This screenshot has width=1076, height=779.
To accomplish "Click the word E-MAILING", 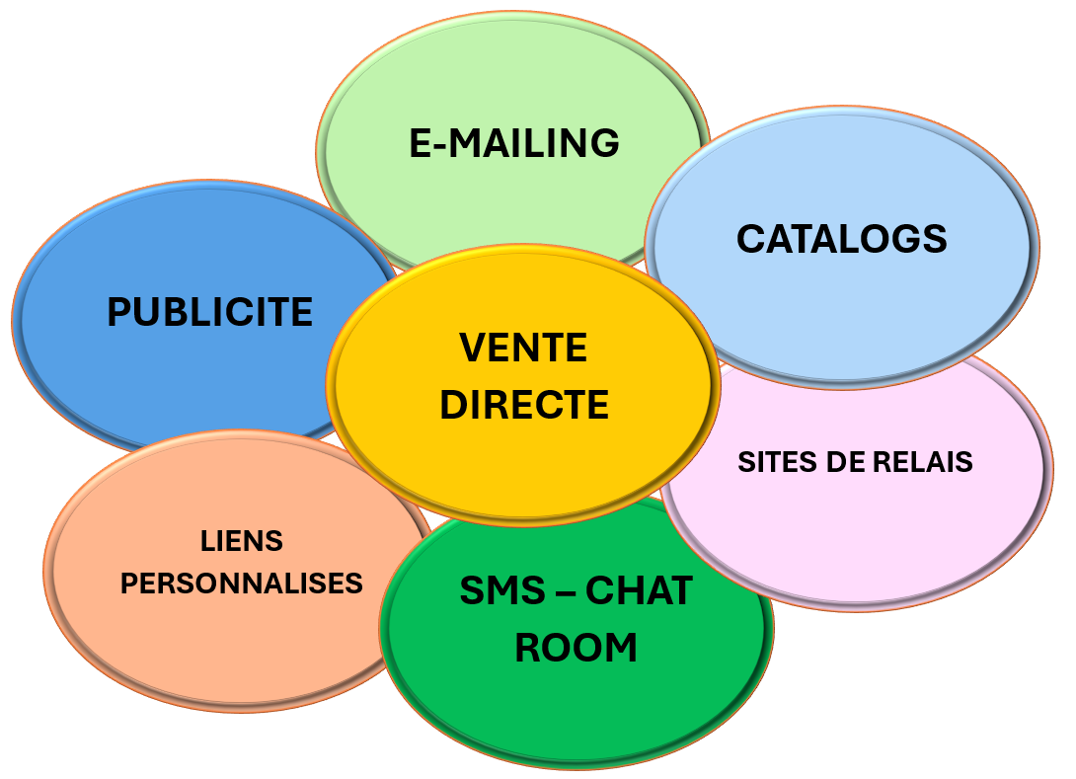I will click(514, 143).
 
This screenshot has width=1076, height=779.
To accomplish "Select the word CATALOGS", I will click(841, 239).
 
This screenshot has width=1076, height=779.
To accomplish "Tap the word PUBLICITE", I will click(209, 312).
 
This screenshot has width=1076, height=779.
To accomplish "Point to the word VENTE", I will click(523, 348).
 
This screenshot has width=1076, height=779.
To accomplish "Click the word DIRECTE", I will click(523, 405).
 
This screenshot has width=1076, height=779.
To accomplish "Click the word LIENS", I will click(242, 541).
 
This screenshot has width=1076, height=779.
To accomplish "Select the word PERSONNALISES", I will click(242, 584).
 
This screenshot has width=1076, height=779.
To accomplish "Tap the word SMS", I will click(502, 590).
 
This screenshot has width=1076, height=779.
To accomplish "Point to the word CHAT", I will click(639, 590).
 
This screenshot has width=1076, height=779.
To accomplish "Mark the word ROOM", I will click(576, 648).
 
